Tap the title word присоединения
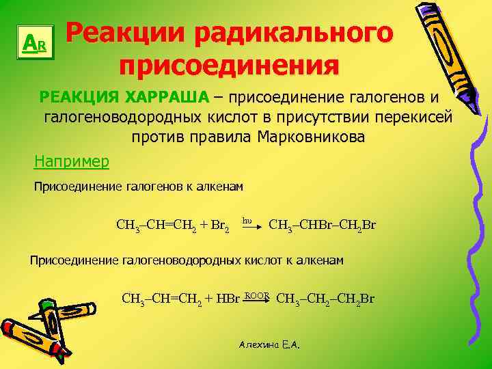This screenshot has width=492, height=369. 228,67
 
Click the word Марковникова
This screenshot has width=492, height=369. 311,137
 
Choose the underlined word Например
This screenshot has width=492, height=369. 71,162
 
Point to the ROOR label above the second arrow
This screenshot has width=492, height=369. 257,293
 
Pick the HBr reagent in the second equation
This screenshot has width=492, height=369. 227,299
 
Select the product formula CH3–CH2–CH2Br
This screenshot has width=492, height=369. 325,299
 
